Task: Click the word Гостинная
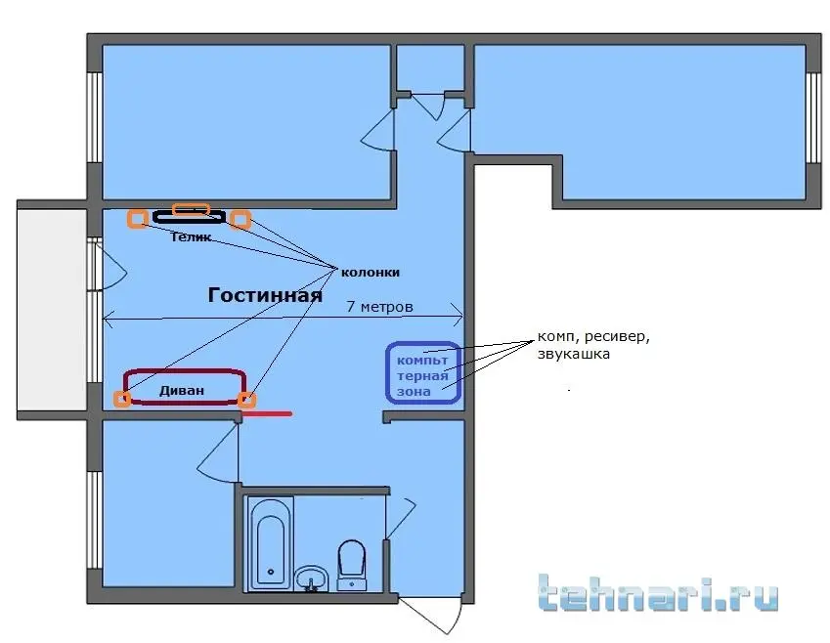pyautogui.click(x=265, y=295)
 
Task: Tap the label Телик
pyautogui.click(x=191, y=237)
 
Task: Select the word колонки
pyautogui.click(x=370, y=273)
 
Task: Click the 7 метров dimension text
pyautogui.click(x=379, y=307)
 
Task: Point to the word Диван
pyautogui.click(x=182, y=391)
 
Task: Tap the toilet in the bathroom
pyautogui.click(x=352, y=564)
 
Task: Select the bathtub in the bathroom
pyautogui.click(x=271, y=542)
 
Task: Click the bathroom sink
pyautogui.click(x=312, y=578)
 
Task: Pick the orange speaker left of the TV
pyautogui.click(x=138, y=218)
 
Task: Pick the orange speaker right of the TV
pyautogui.click(x=240, y=219)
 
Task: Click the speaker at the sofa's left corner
pyautogui.click(x=122, y=399)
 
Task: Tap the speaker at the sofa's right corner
pyautogui.click(x=247, y=401)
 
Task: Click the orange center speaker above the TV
pyautogui.click(x=192, y=209)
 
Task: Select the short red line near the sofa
pyautogui.click(x=267, y=412)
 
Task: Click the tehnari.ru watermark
pyautogui.click(x=659, y=593)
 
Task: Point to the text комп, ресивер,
pyautogui.click(x=593, y=336)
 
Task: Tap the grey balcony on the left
pyautogui.click(x=52, y=310)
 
